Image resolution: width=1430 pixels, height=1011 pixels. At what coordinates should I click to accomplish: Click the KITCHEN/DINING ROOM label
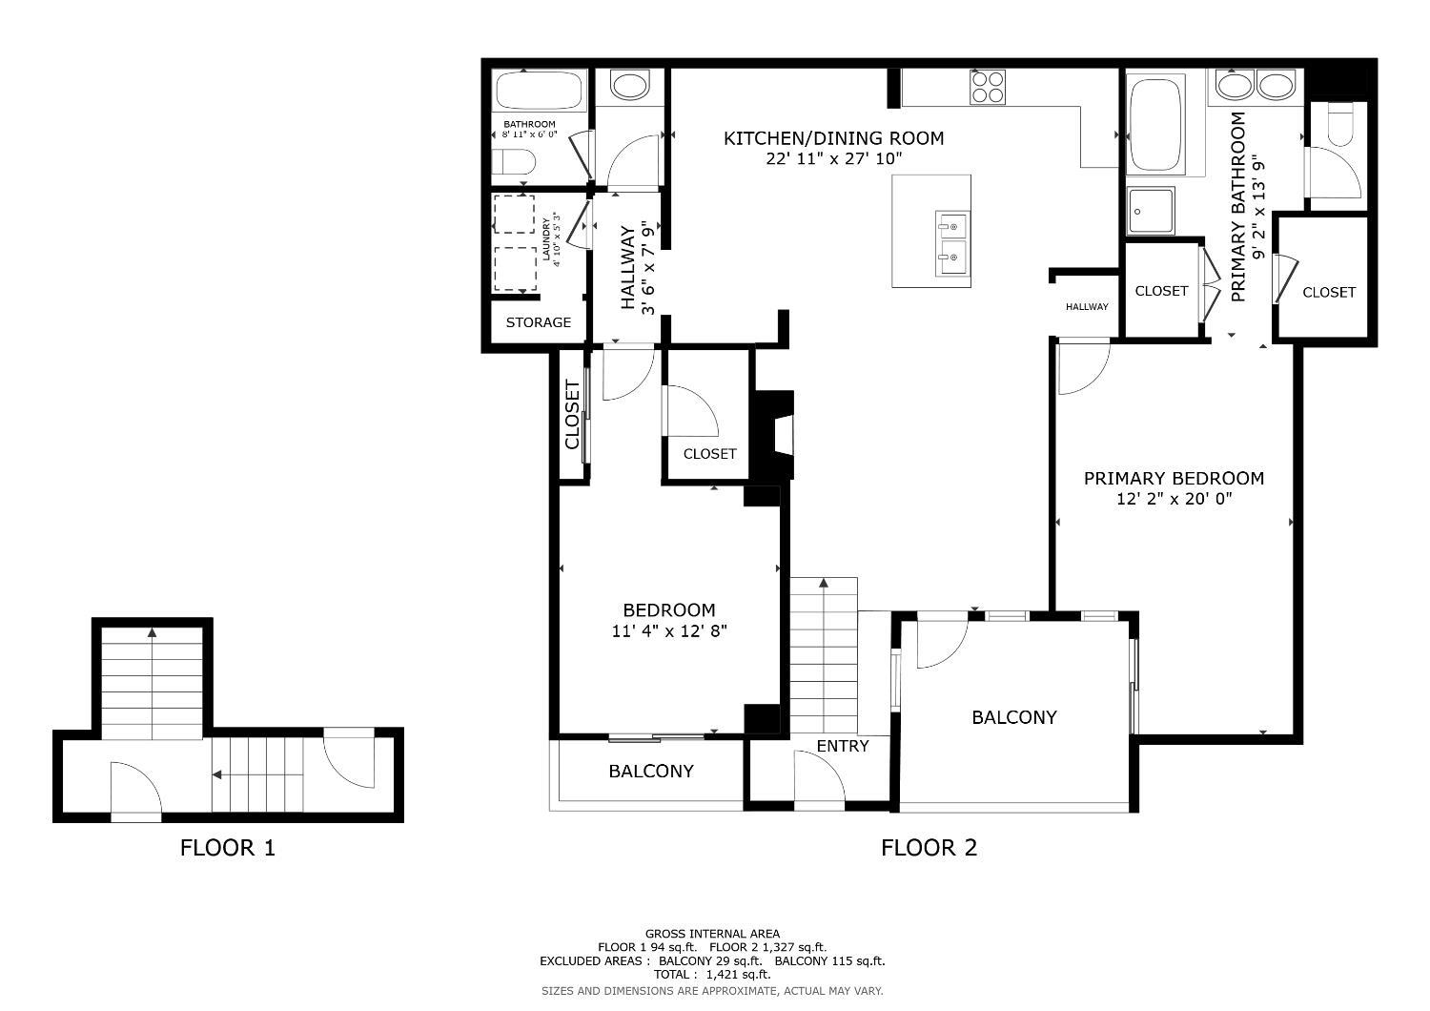tap(833, 138)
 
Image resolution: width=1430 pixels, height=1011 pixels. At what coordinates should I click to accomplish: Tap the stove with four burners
tap(988, 87)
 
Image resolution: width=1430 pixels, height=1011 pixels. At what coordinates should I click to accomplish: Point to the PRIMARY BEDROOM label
tap(1174, 478)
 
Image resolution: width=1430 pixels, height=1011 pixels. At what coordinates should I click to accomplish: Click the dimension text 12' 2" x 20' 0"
tap(1174, 499)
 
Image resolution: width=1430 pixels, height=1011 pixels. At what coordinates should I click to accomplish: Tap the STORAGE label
tap(538, 322)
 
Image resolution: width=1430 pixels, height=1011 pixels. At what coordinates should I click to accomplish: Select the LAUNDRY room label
tap(547, 238)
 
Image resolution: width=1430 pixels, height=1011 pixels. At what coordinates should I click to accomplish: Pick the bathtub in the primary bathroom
tap(1154, 124)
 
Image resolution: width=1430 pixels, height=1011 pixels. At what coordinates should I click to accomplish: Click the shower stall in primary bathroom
tap(1150, 211)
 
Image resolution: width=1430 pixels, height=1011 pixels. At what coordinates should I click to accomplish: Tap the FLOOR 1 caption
tap(227, 847)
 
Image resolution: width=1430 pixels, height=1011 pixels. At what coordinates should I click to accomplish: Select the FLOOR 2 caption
tap(929, 847)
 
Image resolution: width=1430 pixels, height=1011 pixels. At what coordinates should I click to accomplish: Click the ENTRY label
tap(843, 746)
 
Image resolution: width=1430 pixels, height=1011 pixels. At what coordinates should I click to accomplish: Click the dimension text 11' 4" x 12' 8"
tap(668, 630)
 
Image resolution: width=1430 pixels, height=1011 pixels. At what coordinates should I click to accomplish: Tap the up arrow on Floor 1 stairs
tap(153, 631)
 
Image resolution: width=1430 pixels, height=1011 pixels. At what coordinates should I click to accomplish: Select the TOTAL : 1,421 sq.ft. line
tap(711, 975)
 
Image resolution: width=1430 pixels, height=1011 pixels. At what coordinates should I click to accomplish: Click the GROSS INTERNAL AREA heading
tap(711, 934)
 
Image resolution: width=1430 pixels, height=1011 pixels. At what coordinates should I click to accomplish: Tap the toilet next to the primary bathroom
tap(1339, 124)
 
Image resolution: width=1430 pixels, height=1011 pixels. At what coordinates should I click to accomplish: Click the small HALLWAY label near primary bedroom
tap(1087, 306)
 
